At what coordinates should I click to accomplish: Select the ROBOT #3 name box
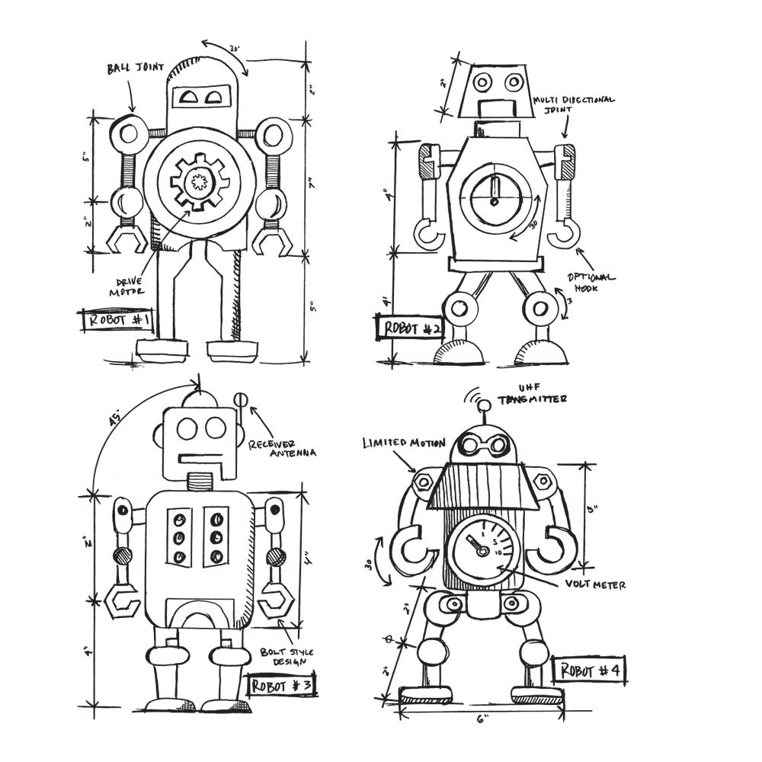280,685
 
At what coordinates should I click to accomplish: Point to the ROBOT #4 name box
591,670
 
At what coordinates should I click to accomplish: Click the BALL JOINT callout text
135,68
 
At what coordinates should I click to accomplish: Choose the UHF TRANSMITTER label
533,394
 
